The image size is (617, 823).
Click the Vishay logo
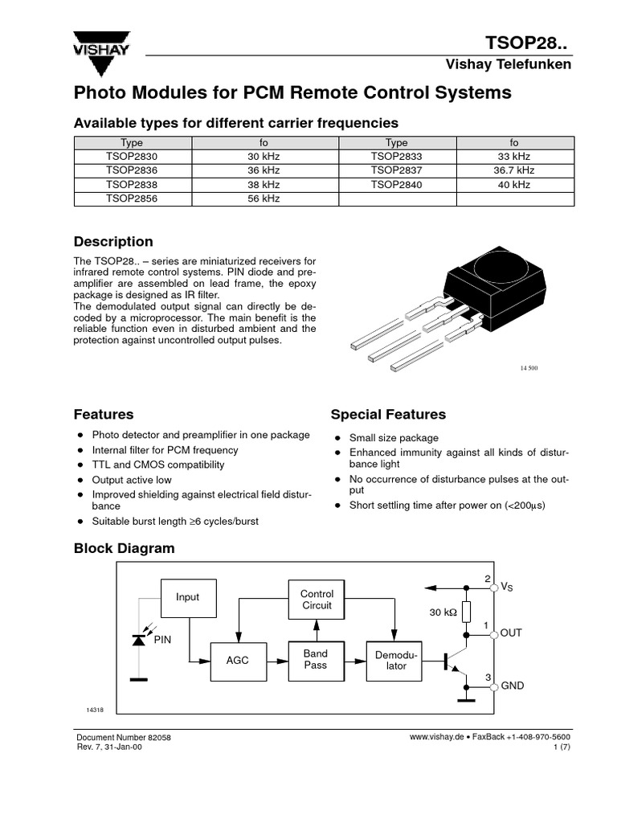point(100,45)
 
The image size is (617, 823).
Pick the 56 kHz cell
point(264,199)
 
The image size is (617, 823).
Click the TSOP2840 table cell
point(396,184)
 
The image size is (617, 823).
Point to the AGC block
point(238,660)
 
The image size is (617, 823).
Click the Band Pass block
point(316,660)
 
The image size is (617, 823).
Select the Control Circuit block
point(317,600)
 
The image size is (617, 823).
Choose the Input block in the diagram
point(187,597)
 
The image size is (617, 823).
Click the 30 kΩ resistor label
point(443,612)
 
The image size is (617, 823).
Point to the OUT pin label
point(511,633)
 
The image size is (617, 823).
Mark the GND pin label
point(512,686)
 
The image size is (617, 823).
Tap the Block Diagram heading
point(124,548)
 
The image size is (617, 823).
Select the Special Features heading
point(388,415)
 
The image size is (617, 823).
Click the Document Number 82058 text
point(123,737)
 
